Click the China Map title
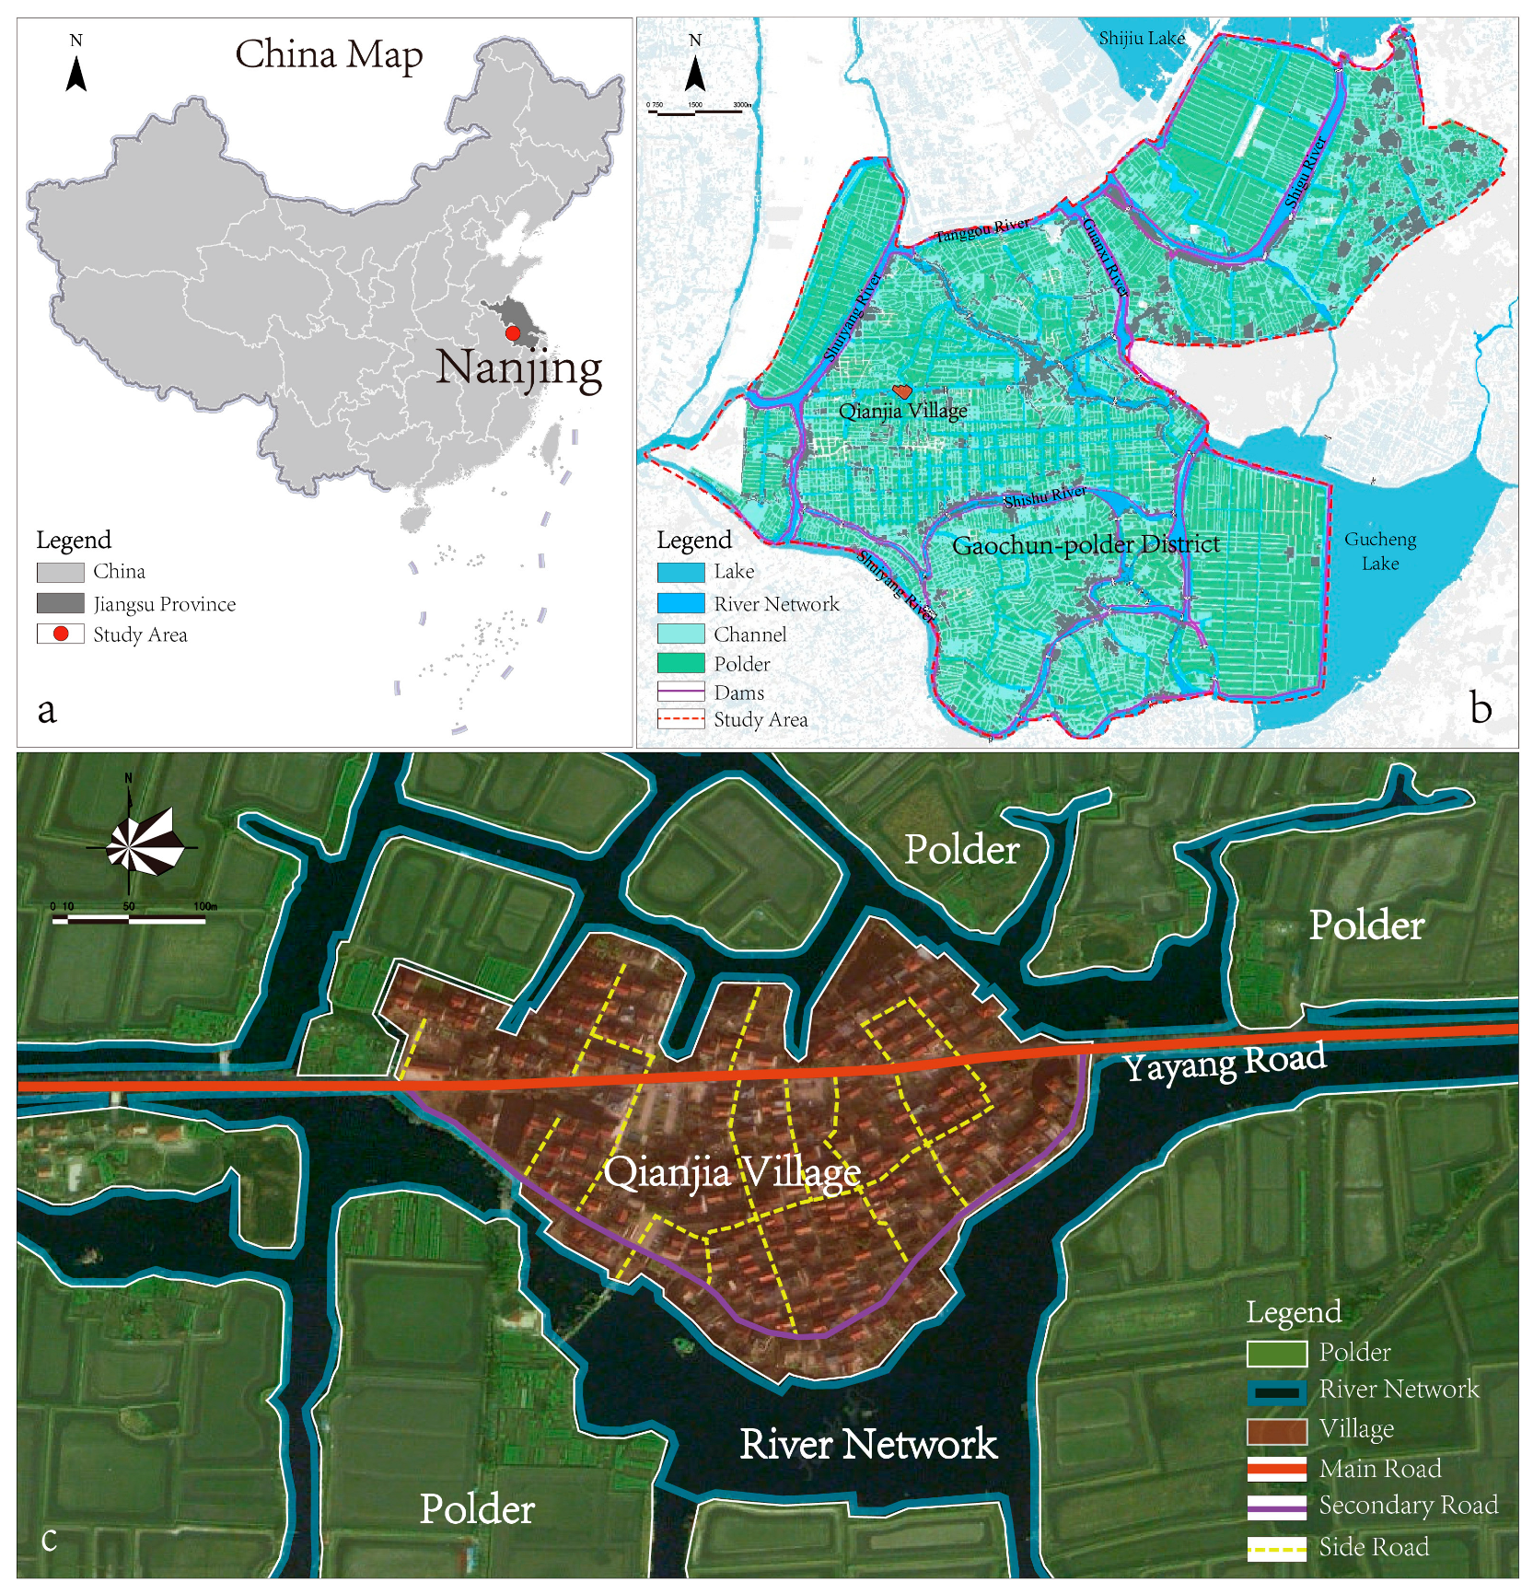pos(329,55)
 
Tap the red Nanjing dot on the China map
pos(513,333)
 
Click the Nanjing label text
pos(518,368)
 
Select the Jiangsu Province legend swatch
pos(60,603)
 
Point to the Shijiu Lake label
pos(1142,39)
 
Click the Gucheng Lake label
pos(1379,551)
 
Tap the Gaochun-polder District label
pos(1086,545)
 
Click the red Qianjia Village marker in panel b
pos(902,391)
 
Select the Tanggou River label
pos(982,228)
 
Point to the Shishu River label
pos(1045,497)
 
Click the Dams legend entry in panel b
pos(681,692)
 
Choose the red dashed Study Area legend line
pos(681,719)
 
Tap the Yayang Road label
pos(1225,1062)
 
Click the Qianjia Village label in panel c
pos(732,1173)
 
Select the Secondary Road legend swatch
pos(1276,1507)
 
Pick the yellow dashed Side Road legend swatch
pos(1276,1548)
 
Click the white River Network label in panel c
pos(867,1444)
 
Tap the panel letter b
pos(1480,707)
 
